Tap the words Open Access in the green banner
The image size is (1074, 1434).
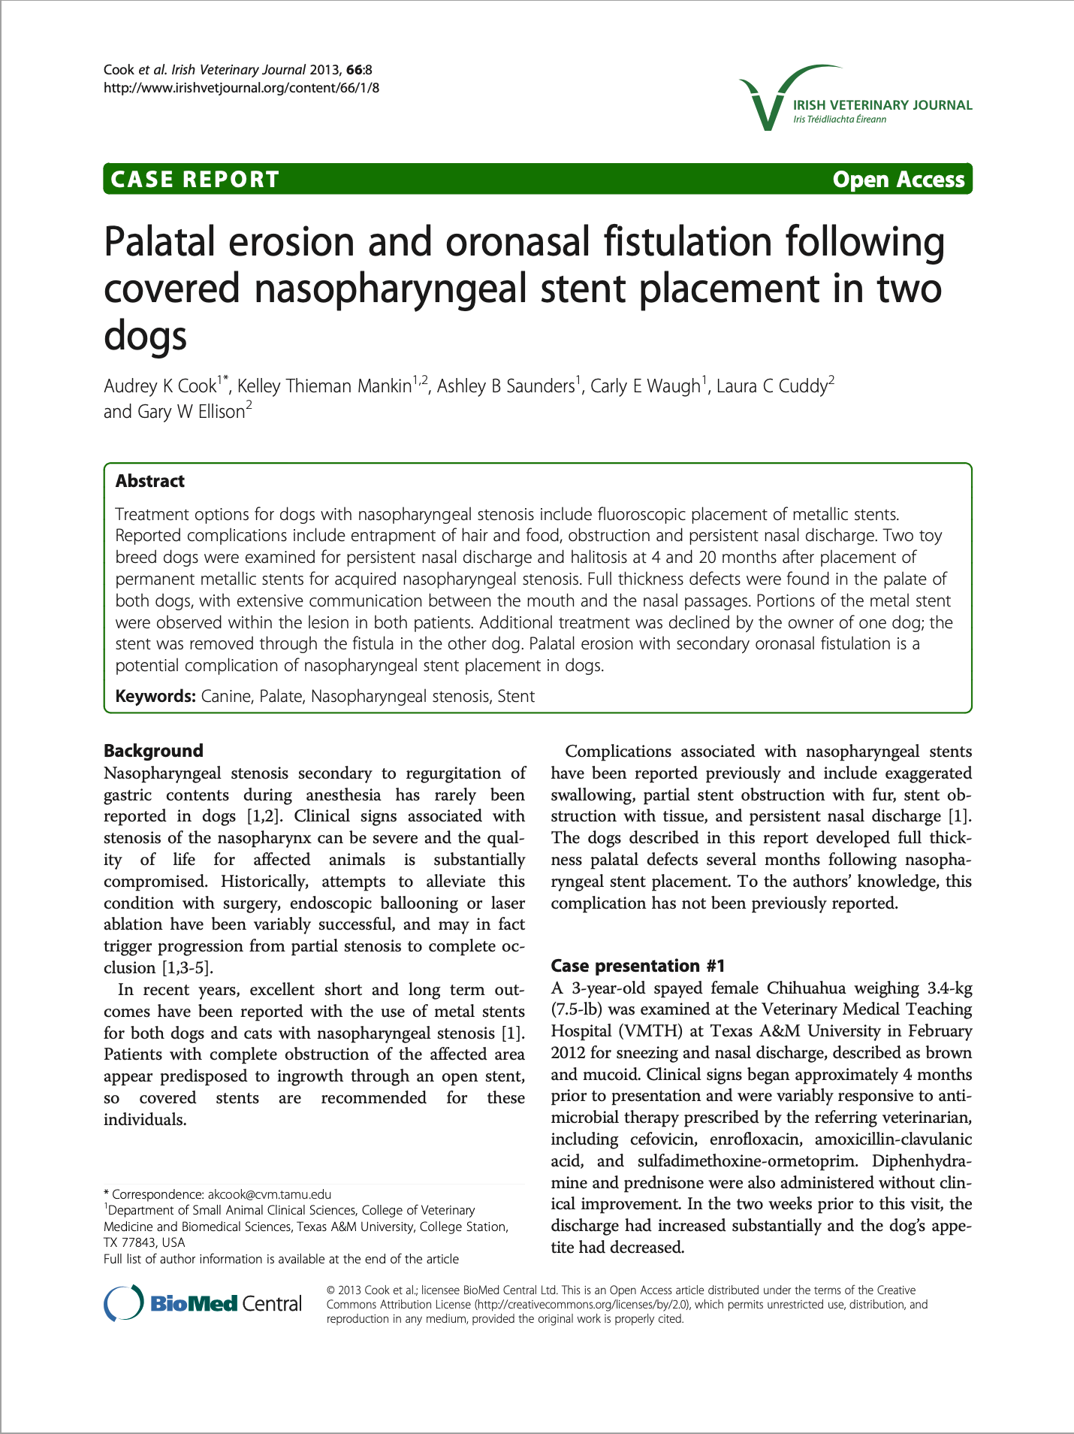click(x=898, y=180)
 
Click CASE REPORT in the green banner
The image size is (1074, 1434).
click(x=195, y=180)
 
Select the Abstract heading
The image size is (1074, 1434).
click(x=150, y=481)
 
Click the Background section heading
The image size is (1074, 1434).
click(x=153, y=751)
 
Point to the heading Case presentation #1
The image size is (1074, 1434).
click(x=638, y=966)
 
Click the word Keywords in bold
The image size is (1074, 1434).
click(x=155, y=696)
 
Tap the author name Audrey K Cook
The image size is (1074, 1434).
click(x=160, y=386)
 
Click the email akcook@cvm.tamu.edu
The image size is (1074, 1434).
click(x=270, y=1194)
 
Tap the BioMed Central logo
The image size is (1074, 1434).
click(x=203, y=1303)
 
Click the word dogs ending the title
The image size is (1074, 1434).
click(x=145, y=335)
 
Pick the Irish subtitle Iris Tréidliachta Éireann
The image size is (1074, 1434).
click(x=840, y=120)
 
